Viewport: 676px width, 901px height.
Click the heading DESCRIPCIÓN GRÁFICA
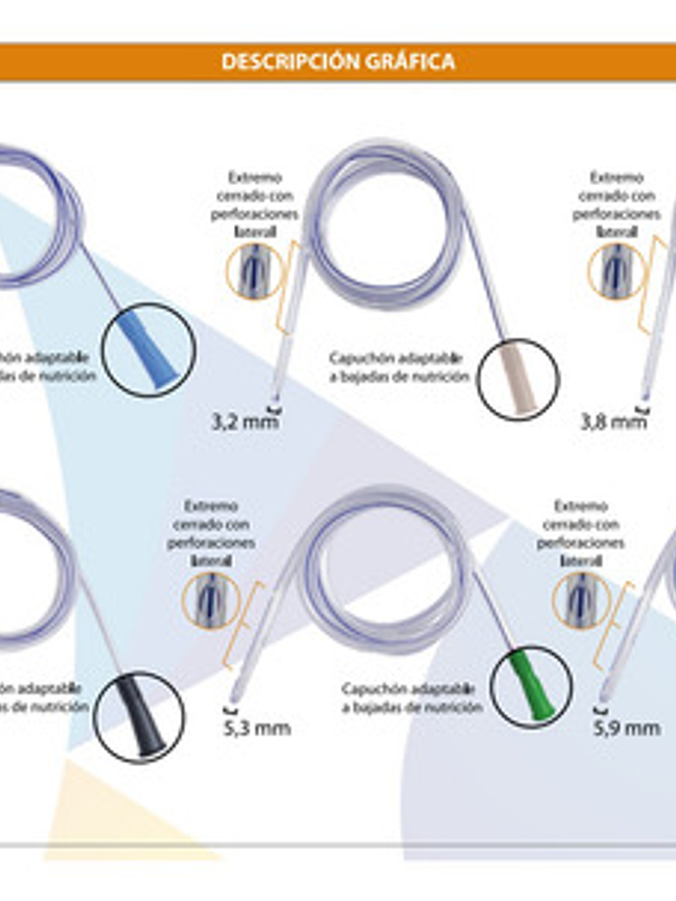tap(338, 61)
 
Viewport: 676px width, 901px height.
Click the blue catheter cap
tap(147, 350)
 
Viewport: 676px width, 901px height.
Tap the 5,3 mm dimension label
tap(257, 728)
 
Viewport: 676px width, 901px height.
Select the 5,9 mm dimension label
tap(627, 728)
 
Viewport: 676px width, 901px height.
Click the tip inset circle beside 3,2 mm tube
tap(253, 270)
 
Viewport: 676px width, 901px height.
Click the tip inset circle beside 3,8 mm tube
tap(615, 270)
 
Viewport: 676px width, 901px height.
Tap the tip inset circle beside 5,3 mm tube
tap(210, 599)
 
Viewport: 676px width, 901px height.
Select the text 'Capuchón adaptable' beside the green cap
tap(409, 688)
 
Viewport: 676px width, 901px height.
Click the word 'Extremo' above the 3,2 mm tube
tap(254, 177)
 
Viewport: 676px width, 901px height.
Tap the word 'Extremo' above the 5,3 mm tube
tap(211, 505)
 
